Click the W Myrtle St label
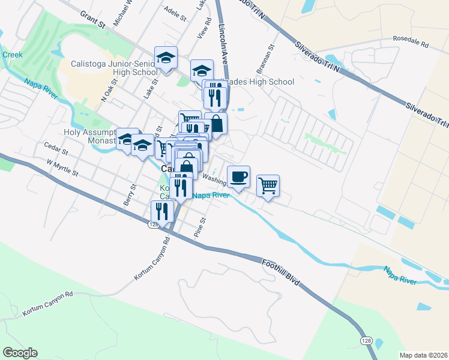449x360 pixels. coord(62,167)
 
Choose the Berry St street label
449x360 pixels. coord(128,195)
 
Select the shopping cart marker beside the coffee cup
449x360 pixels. coord(268,185)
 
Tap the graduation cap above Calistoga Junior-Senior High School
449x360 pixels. coord(166,58)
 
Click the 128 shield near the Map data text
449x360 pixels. coord(365,340)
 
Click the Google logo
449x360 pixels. coord(20,353)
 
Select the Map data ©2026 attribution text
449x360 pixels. coord(423,355)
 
